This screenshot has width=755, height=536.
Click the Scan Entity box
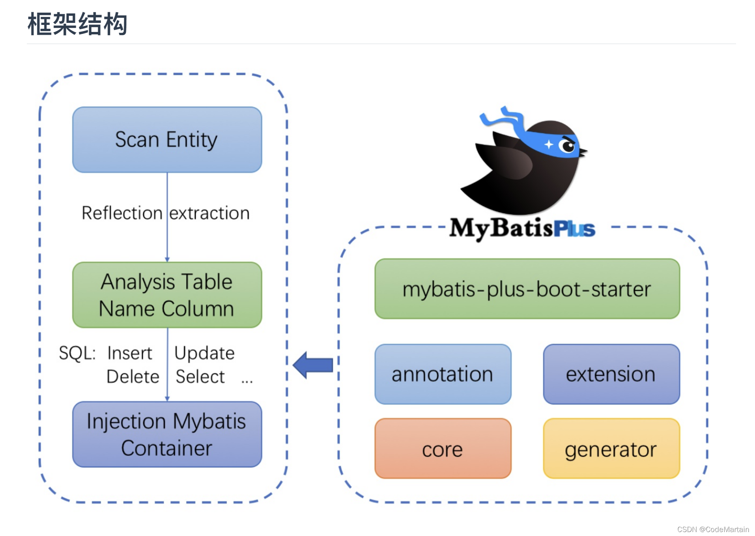click(167, 140)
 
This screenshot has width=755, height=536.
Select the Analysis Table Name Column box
click(167, 295)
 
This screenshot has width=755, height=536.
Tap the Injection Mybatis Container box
click(167, 434)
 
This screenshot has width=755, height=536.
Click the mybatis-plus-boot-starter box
click(527, 289)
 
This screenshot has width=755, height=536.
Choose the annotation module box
click(443, 374)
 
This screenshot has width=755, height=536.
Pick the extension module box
click(611, 374)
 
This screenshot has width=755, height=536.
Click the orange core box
click(443, 448)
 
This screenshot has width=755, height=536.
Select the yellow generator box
click(611, 448)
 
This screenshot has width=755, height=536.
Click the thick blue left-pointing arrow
click(313, 365)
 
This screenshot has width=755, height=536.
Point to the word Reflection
click(122, 213)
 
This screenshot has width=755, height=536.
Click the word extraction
click(209, 214)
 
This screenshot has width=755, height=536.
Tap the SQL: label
click(77, 353)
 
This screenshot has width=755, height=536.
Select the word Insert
click(129, 353)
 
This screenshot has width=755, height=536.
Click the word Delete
click(133, 377)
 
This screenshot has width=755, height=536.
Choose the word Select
click(200, 377)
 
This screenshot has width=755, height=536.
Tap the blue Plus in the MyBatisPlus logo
click(574, 229)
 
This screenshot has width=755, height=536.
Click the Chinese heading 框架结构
click(77, 24)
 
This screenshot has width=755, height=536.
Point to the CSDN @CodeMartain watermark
click(713, 529)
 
